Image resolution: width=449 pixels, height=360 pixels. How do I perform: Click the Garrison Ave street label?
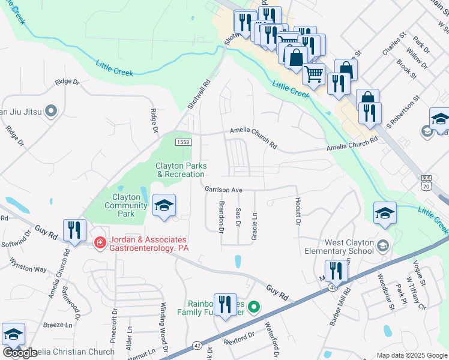coord(223,190)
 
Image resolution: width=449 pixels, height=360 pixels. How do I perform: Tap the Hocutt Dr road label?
coord(297,211)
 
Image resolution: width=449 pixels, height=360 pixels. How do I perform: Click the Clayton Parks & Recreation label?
coord(181,170)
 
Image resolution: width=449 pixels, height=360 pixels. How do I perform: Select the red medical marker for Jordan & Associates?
coord(100,242)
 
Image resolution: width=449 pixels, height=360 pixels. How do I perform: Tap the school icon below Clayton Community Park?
coord(164,206)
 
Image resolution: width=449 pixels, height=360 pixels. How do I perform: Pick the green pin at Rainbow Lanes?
coord(254,307)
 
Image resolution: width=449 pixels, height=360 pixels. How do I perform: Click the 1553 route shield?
coord(183,142)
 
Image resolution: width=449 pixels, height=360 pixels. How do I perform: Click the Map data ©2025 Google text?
coord(411,355)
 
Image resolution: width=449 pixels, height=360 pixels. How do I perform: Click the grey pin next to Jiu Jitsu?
coord(51,111)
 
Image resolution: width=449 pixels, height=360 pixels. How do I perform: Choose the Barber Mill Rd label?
coord(339,307)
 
